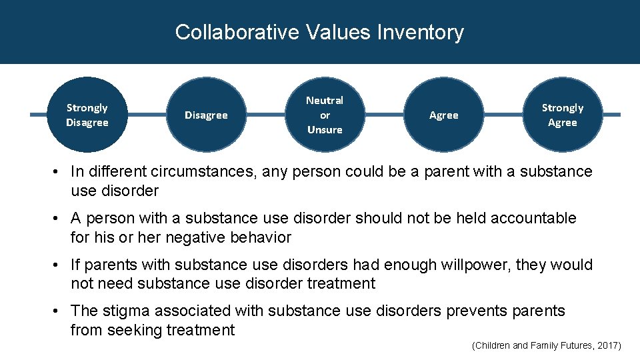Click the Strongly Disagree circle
pos(87,115)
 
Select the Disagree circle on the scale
pos(206,115)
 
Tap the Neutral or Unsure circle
pos(325,115)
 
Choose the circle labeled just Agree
pos(444,115)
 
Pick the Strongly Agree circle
pos(562,115)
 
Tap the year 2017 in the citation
pos(607,345)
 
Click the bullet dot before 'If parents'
pos(61,265)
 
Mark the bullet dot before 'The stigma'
pos(61,311)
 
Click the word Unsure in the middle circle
pos(325,129)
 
